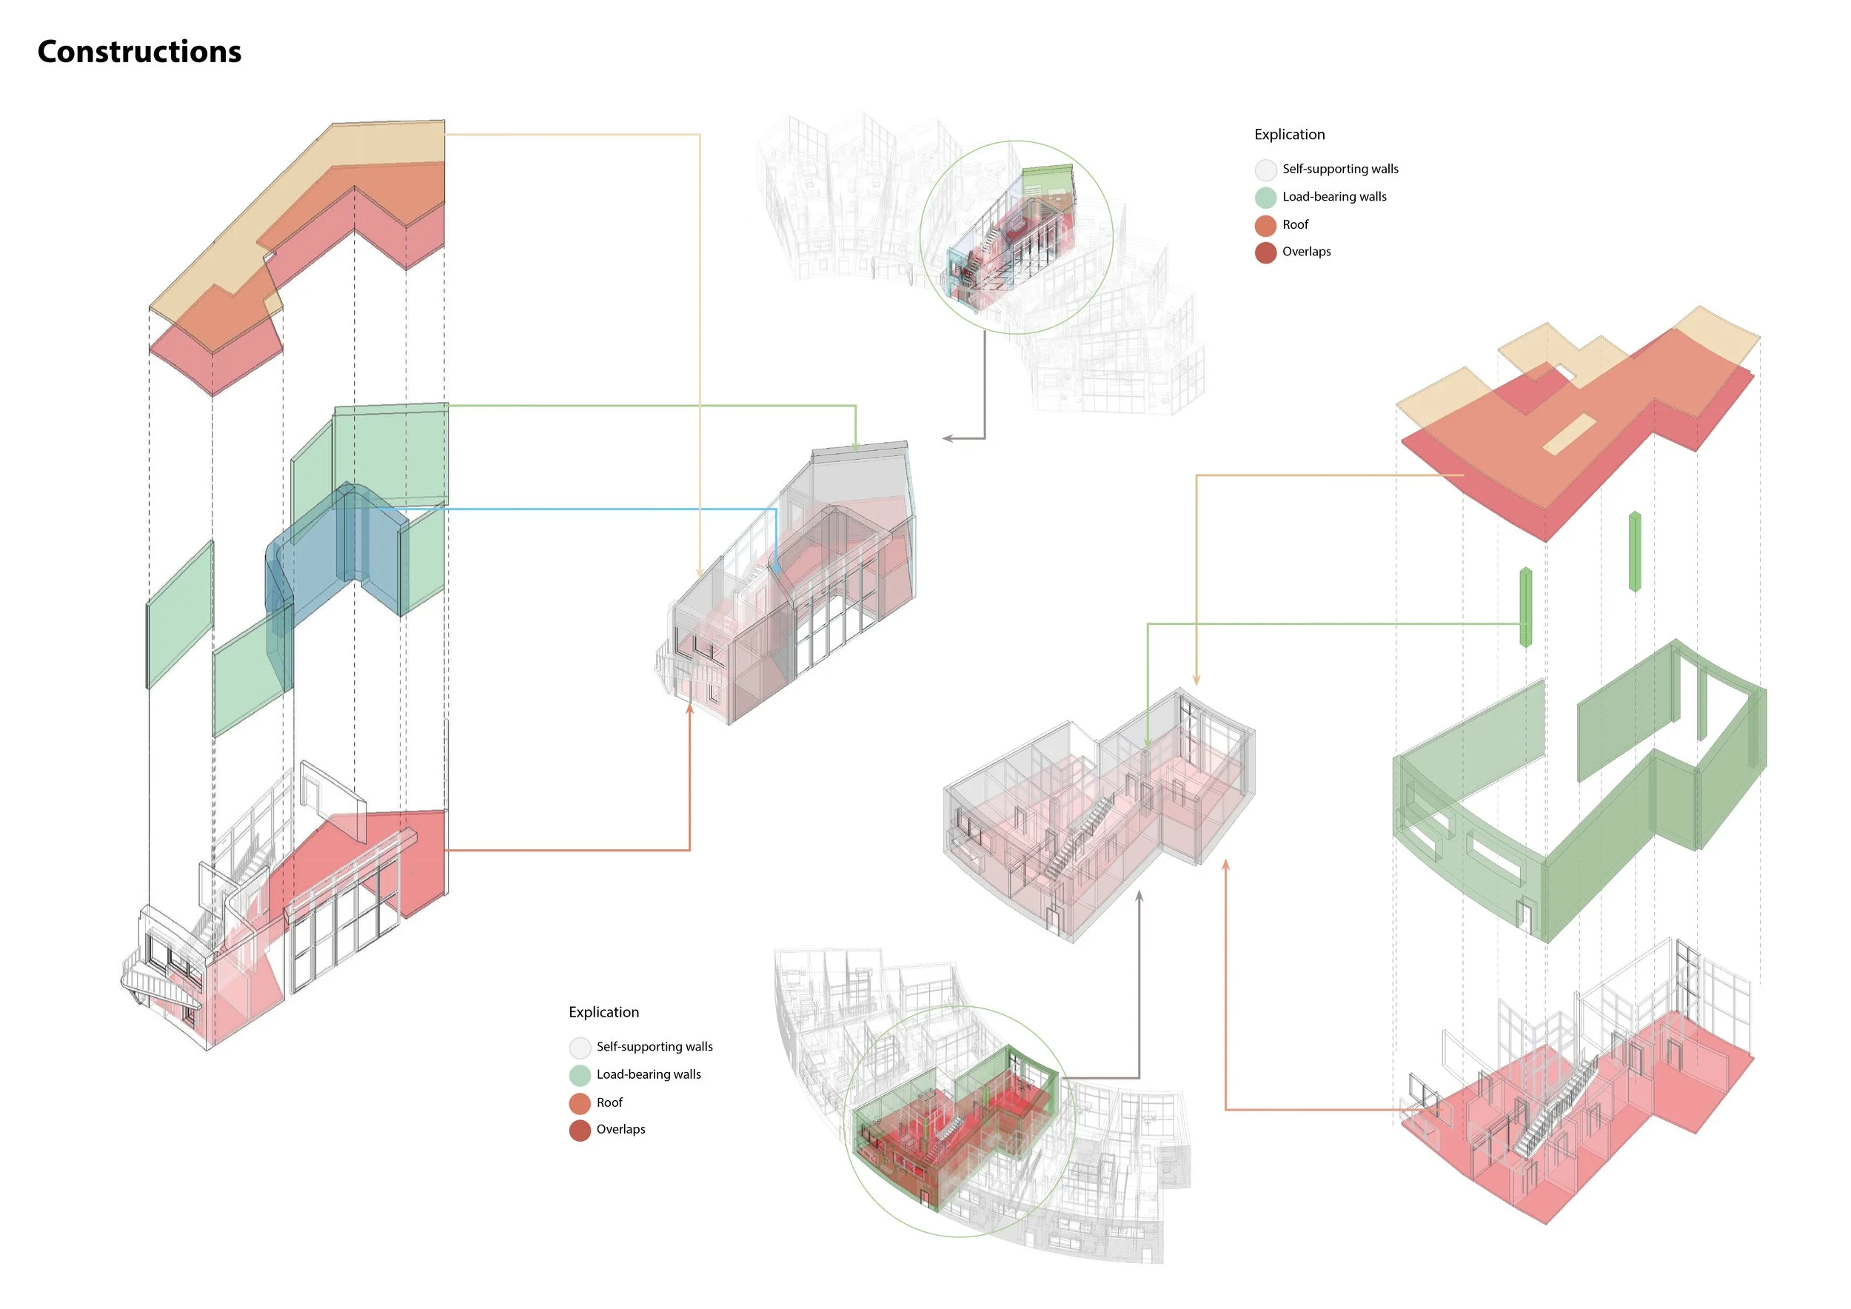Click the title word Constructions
point(139,52)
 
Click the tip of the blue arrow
point(775,571)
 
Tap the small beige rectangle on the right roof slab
point(1569,435)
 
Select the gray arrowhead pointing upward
point(1139,896)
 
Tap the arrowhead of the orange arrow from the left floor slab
point(690,709)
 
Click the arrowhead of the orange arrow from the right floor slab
point(1225,865)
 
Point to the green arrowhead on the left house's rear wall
point(855,446)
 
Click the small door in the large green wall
point(1524,915)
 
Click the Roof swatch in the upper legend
point(1265,226)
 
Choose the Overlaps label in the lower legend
point(620,1129)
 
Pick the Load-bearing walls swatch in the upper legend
point(1265,198)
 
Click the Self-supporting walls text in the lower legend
point(655,1046)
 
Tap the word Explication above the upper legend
point(1289,135)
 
